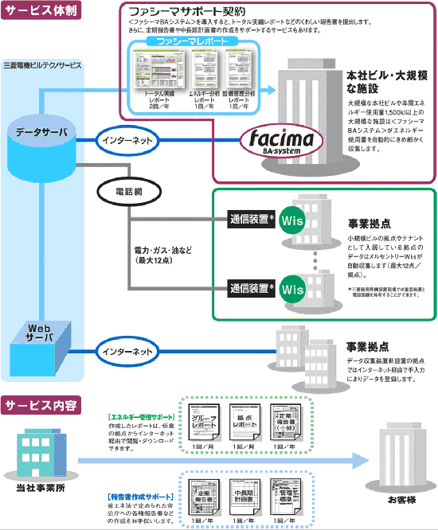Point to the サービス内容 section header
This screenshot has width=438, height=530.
click(40, 405)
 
